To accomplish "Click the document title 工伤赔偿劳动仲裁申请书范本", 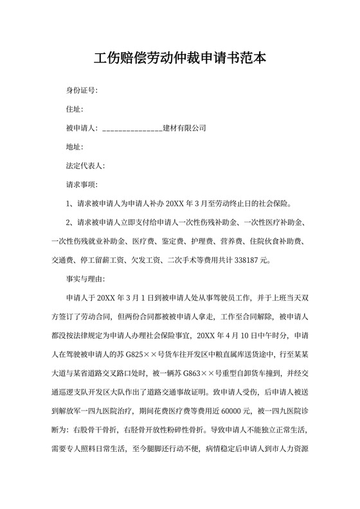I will (180, 58).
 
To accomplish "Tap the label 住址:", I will (75, 109).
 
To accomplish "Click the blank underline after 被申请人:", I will (132, 129).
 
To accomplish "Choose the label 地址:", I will (75, 147).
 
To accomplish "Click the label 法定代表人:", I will (85, 166).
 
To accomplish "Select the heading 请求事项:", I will (82, 185).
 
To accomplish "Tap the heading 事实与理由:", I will (85, 280).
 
